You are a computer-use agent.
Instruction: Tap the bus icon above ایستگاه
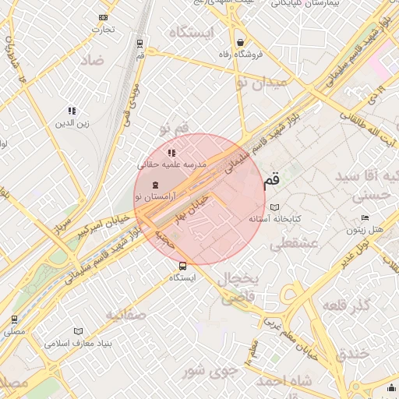182,266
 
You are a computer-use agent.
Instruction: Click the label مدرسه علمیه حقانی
171,164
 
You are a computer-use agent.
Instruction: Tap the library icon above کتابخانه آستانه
274,207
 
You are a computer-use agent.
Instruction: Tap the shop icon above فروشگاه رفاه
241,42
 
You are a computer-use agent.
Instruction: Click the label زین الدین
72,123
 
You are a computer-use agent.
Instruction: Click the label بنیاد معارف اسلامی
79,343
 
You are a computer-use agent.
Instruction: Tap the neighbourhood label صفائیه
125,315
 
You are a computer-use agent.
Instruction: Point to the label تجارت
104,30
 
